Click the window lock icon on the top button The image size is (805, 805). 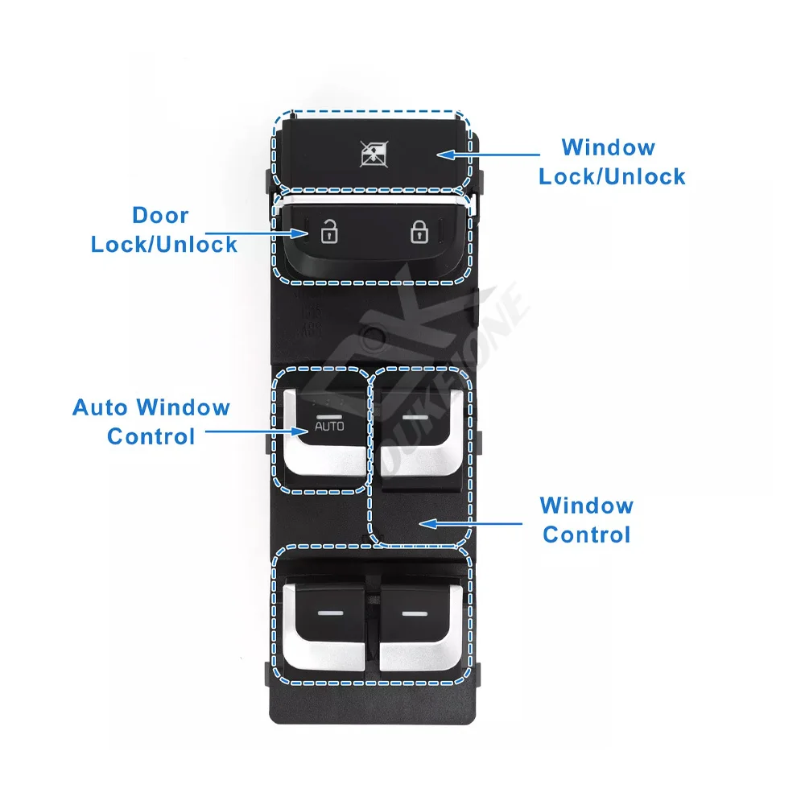click(371, 154)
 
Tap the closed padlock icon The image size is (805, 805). click(418, 233)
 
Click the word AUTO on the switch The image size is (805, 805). click(328, 425)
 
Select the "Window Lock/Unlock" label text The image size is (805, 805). click(612, 162)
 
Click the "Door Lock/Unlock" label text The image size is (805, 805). click(164, 230)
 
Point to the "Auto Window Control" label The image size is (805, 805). click(151, 422)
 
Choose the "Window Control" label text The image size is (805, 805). click(587, 520)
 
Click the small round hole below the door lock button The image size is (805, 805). click(371, 332)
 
